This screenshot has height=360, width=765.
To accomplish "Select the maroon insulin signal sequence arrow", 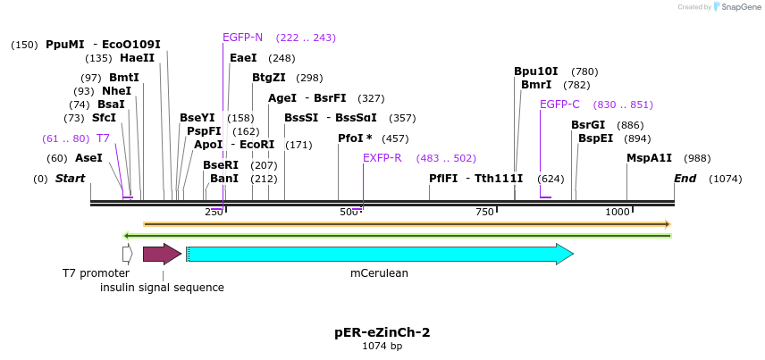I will click(x=162, y=255).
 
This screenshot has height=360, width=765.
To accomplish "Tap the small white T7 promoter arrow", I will click(x=128, y=255).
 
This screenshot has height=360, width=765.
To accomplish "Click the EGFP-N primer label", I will click(x=242, y=38).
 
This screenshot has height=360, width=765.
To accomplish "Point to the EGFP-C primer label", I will click(x=559, y=105).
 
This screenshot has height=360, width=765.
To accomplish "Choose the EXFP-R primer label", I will click(x=382, y=158).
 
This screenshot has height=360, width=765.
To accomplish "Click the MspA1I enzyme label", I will click(x=650, y=158).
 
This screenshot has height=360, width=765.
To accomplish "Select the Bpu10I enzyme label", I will click(x=535, y=71).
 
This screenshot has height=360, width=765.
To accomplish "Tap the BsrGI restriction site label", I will click(x=588, y=125).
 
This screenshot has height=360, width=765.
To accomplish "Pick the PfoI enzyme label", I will click(x=355, y=138).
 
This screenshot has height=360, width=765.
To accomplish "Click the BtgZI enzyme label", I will click(x=268, y=78).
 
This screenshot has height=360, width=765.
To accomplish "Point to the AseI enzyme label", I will click(x=88, y=158).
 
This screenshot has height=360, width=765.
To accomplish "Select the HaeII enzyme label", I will click(x=137, y=58).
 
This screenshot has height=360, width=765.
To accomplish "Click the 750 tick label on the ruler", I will click(x=484, y=212).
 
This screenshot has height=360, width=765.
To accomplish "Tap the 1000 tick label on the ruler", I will click(x=618, y=212).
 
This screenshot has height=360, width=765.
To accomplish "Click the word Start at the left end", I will click(x=70, y=179).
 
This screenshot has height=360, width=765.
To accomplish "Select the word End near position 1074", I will click(x=685, y=179).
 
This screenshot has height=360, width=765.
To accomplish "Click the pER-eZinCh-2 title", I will click(x=382, y=332).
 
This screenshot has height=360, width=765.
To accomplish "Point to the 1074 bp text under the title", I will click(x=382, y=346).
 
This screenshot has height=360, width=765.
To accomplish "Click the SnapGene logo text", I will click(x=737, y=7).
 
